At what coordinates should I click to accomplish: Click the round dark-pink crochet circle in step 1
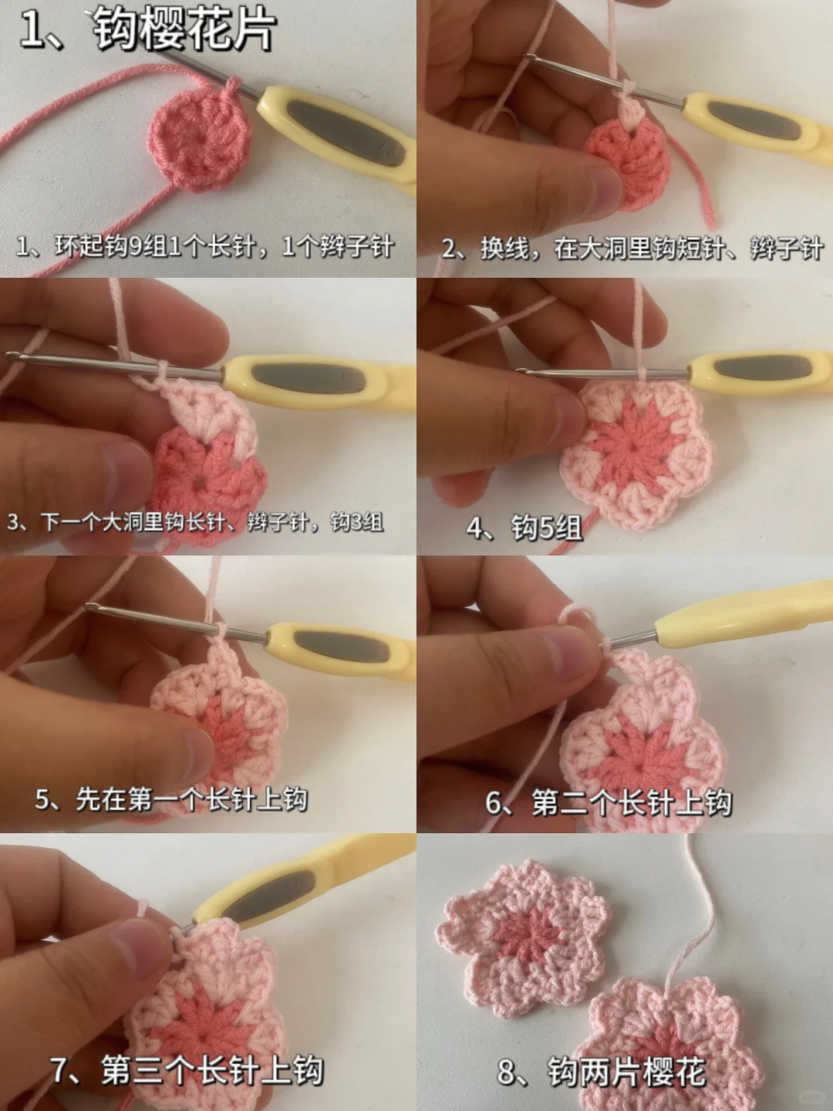[x=199, y=139]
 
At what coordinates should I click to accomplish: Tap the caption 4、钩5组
[x=524, y=528]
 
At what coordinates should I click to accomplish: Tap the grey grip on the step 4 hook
[x=760, y=369]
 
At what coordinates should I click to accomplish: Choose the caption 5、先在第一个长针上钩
[x=171, y=799]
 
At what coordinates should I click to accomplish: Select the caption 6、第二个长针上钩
[x=609, y=802]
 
